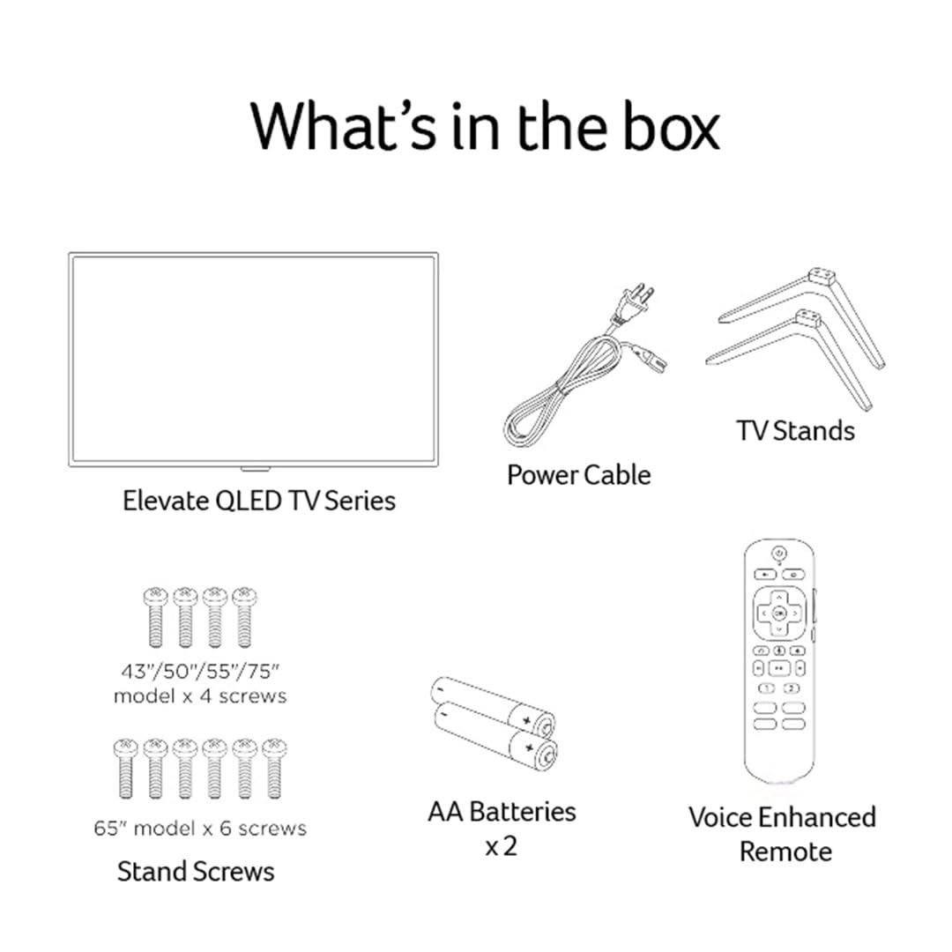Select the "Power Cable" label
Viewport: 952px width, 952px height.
578,475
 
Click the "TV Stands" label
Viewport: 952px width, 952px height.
795,430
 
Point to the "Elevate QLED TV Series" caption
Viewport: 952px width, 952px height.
259,501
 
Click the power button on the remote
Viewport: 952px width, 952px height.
779,553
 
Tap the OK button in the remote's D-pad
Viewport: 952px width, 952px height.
779,614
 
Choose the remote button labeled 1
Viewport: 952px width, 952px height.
768,688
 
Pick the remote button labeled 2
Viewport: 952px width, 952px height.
791,688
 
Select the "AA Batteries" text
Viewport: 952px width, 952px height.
502,812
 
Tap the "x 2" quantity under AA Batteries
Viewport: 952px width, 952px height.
502,845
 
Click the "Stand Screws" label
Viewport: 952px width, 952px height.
196,872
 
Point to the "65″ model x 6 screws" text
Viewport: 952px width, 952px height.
200,828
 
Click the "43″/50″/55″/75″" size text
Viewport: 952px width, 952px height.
200,672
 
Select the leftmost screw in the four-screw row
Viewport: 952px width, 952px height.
155,617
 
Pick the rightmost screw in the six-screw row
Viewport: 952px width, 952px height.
274,769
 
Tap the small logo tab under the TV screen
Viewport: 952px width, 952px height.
255,469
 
